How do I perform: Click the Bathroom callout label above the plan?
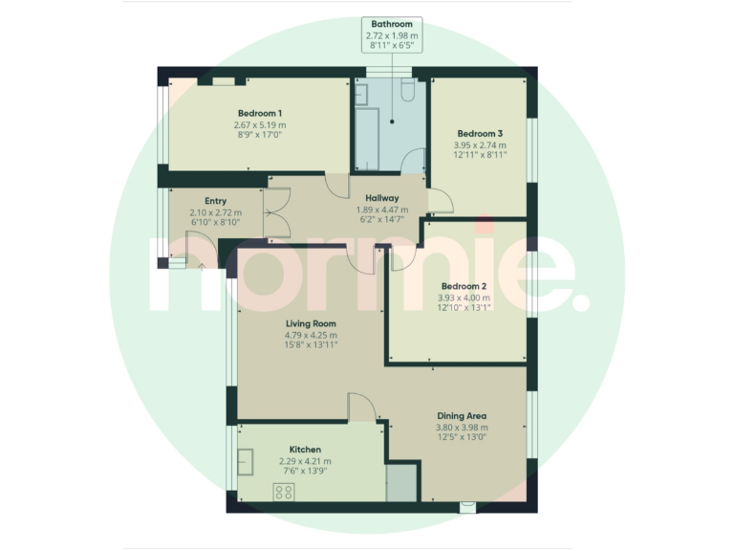point(391,24)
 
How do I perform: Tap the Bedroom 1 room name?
point(260,113)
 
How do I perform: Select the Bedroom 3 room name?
point(479,133)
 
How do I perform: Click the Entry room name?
point(215,201)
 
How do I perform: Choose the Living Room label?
point(311,324)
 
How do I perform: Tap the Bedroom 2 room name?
point(464,286)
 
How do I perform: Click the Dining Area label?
point(463,416)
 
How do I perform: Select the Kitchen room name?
point(305,449)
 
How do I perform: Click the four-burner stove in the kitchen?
point(284,492)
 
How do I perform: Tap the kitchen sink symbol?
point(245,462)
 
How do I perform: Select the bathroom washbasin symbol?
point(361,93)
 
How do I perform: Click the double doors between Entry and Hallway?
point(275,211)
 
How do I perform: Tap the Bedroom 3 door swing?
point(440,200)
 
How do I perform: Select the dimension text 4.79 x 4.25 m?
point(311,336)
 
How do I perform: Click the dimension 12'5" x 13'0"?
point(463,438)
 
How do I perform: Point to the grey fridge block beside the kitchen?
point(401,483)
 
